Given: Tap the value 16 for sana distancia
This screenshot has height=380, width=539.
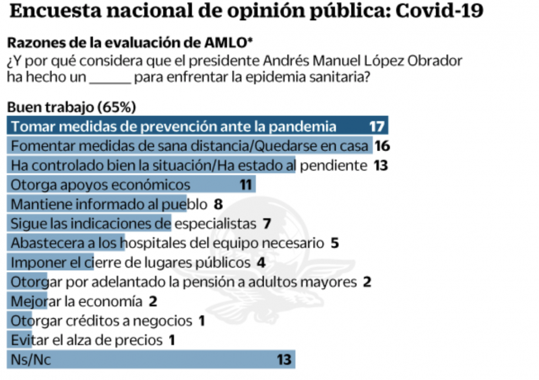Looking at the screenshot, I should (x=383, y=146).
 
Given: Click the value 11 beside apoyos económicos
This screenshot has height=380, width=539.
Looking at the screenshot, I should (x=247, y=185).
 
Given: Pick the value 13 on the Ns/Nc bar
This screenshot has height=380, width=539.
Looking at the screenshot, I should (x=284, y=359).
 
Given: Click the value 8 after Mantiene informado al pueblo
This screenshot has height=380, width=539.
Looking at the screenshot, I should (x=218, y=203).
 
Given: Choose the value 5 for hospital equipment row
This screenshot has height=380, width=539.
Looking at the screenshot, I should (x=335, y=243).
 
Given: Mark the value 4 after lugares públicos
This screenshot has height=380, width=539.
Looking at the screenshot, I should (x=261, y=262).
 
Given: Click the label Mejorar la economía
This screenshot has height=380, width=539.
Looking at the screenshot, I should (x=77, y=300).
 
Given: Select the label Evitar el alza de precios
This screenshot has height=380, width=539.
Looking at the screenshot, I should (x=87, y=340).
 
